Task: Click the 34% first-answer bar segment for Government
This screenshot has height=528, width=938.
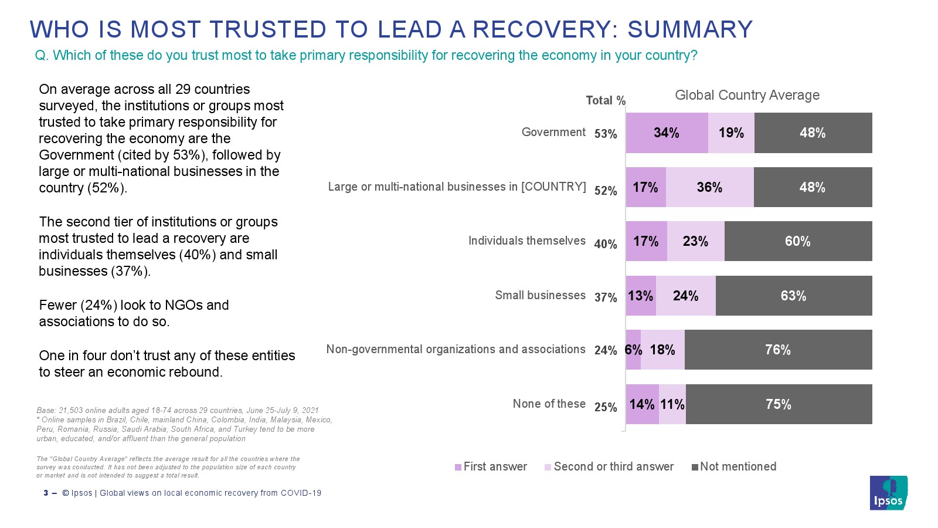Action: click(x=667, y=133)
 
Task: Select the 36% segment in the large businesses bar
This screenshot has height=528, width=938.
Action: click(x=709, y=188)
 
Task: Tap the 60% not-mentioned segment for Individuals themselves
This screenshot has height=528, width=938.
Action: click(x=798, y=242)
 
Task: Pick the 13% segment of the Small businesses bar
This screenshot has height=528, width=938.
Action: click(x=640, y=296)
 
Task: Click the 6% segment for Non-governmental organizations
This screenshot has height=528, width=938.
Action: click(x=633, y=350)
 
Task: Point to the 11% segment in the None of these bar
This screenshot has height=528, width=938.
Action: click(x=672, y=405)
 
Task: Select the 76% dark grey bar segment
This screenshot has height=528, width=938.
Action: click(x=778, y=350)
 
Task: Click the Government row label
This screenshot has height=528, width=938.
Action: click(x=553, y=133)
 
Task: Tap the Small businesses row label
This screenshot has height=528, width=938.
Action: click(x=540, y=296)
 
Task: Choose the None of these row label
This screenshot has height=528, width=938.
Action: click(x=549, y=404)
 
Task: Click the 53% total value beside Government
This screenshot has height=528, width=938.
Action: click(x=606, y=134)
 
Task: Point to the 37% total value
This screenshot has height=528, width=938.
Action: click(x=606, y=298)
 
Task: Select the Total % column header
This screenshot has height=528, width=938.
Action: click(x=606, y=101)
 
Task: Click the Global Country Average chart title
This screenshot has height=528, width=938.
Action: click(x=747, y=96)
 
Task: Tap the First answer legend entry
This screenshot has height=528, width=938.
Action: click(x=491, y=467)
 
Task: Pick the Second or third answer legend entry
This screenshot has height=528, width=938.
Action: click(x=610, y=467)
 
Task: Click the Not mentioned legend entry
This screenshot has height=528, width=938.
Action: click(x=734, y=467)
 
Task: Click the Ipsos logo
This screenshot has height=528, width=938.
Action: click(x=888, y=493)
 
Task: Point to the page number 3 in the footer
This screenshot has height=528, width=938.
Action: click(x=46, y=493)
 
